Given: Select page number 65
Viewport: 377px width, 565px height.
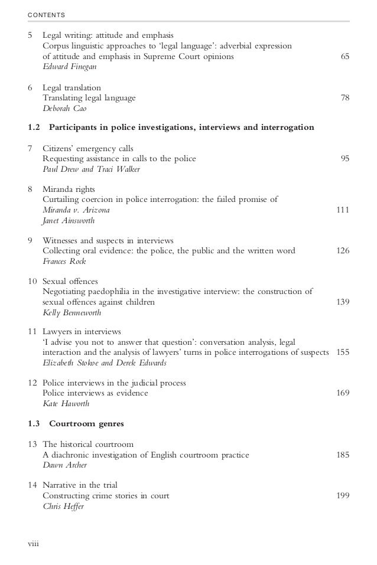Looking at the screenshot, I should tap(344, 57).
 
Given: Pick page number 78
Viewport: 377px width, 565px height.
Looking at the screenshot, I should tap(344, 98).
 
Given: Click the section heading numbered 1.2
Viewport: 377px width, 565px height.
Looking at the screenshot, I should tap(171, 128).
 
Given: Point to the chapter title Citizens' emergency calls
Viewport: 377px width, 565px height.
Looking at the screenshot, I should tap(88, 148).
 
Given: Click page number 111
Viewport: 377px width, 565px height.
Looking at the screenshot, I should tap(342, 210).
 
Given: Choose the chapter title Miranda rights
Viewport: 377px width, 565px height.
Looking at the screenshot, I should tap(69, 190).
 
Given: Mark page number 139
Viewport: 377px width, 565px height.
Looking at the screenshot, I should tap(342, 302).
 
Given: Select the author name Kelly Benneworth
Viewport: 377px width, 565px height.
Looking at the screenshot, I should tap(72, 313).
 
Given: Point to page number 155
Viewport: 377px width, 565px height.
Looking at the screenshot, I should tap(342, 352).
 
